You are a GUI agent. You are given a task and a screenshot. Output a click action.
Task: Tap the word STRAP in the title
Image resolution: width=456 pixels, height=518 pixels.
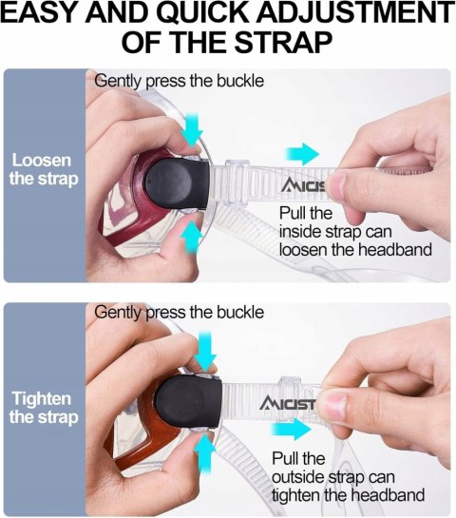283,43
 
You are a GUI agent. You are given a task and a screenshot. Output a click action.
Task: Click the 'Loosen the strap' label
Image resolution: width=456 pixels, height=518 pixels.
44,169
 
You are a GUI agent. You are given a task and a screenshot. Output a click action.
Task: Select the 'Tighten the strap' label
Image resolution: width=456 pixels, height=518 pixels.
44,408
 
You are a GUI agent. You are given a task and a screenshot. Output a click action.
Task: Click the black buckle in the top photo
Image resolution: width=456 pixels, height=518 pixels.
178,183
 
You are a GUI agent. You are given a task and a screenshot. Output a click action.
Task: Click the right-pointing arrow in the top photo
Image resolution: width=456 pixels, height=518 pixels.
302,154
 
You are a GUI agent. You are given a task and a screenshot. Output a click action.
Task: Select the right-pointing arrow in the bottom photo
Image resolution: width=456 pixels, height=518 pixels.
291,430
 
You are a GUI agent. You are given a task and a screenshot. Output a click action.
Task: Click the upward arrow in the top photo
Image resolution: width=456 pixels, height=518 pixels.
192,237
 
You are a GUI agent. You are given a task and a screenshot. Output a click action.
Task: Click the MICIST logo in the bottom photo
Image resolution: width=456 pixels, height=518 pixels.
287,403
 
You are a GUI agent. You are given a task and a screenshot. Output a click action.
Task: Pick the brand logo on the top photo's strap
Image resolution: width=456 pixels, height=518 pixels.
303,185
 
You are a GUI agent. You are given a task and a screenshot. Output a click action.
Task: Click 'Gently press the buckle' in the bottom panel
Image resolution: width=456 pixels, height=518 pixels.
179,313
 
